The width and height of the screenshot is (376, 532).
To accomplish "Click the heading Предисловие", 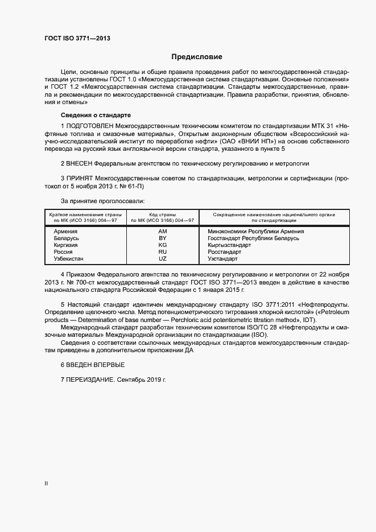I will [x=197, y=57].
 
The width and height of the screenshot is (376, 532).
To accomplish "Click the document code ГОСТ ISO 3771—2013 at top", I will [x=77, y=38].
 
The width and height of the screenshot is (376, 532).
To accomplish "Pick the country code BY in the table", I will [x=163, y=238].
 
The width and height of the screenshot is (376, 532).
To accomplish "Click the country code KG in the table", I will [x=163, y=245].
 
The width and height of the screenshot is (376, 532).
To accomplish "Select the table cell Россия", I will [x=63, y=251].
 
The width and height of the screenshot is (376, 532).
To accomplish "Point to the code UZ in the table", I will [x=163, y=258].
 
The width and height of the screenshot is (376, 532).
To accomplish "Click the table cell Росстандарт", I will [x=225, y=251].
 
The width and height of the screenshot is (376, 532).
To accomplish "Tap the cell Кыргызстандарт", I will [x=229, y=245].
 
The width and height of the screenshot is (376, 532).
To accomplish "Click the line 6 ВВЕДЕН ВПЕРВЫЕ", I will [x=92, y=364].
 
